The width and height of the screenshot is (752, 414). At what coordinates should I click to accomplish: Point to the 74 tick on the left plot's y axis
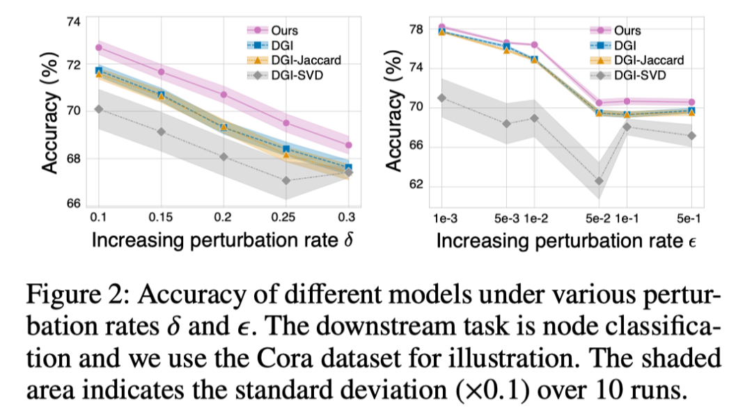(x=73, y=22)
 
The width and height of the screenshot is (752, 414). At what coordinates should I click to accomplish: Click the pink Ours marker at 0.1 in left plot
(x=99, y=48)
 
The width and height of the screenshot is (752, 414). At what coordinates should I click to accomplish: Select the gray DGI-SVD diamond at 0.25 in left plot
(x=286, y=180)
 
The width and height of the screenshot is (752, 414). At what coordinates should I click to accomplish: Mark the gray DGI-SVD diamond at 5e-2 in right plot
(x=599, y=181)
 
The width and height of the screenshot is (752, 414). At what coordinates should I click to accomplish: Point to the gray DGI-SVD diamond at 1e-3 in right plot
(x=441, y=97)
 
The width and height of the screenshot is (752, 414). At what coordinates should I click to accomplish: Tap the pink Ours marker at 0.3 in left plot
(x=348, y=145)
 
